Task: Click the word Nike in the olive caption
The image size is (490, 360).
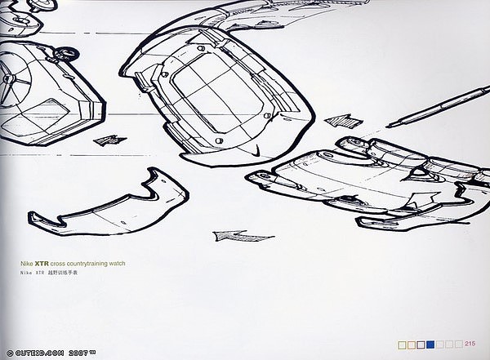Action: coord(27,264)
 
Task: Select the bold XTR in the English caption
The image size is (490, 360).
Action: coord(42,264)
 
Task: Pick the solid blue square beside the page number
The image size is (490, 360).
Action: coord(430,344)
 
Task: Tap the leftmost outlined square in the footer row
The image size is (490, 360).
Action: coord(401,344)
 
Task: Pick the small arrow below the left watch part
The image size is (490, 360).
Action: coord(105,140)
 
